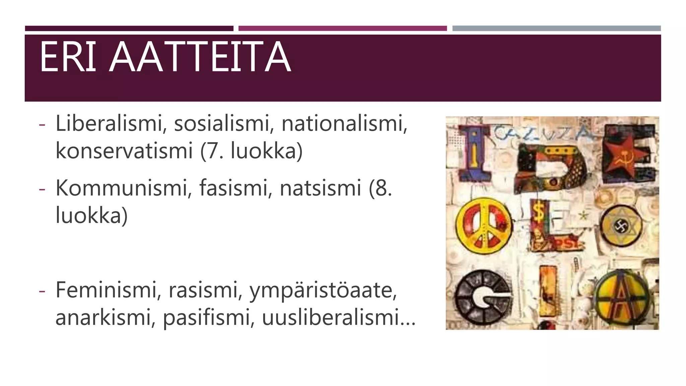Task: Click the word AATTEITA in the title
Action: [200, 57]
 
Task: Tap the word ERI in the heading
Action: [68, 57]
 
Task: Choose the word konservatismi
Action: [124, 151]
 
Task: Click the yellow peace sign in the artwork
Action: [484, 227]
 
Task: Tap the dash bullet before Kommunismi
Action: [42, 189]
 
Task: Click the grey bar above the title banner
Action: [556, 28]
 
